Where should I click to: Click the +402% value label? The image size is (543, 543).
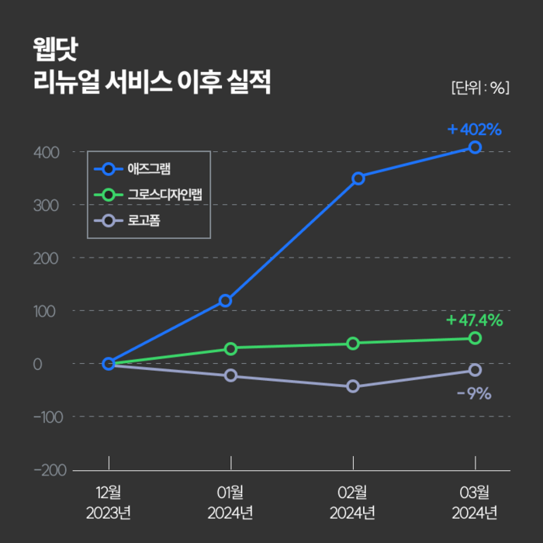click(475, 129)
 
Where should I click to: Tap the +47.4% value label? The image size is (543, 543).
click(475, 320)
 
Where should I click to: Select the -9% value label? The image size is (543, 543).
click(474, 393)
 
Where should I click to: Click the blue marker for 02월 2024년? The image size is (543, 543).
click(358, 178)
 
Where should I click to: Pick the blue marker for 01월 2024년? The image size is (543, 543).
click(225, 300)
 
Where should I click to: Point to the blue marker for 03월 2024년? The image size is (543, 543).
click(475, 147)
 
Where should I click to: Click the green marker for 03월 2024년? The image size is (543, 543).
click(475, 338)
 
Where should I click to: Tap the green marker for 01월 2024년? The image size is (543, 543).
click(230, 348)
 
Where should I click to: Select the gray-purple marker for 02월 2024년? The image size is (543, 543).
click(353, 386)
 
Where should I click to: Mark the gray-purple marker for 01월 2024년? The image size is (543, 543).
click(230, 375)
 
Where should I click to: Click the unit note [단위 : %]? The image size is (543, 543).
click(479, 87)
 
